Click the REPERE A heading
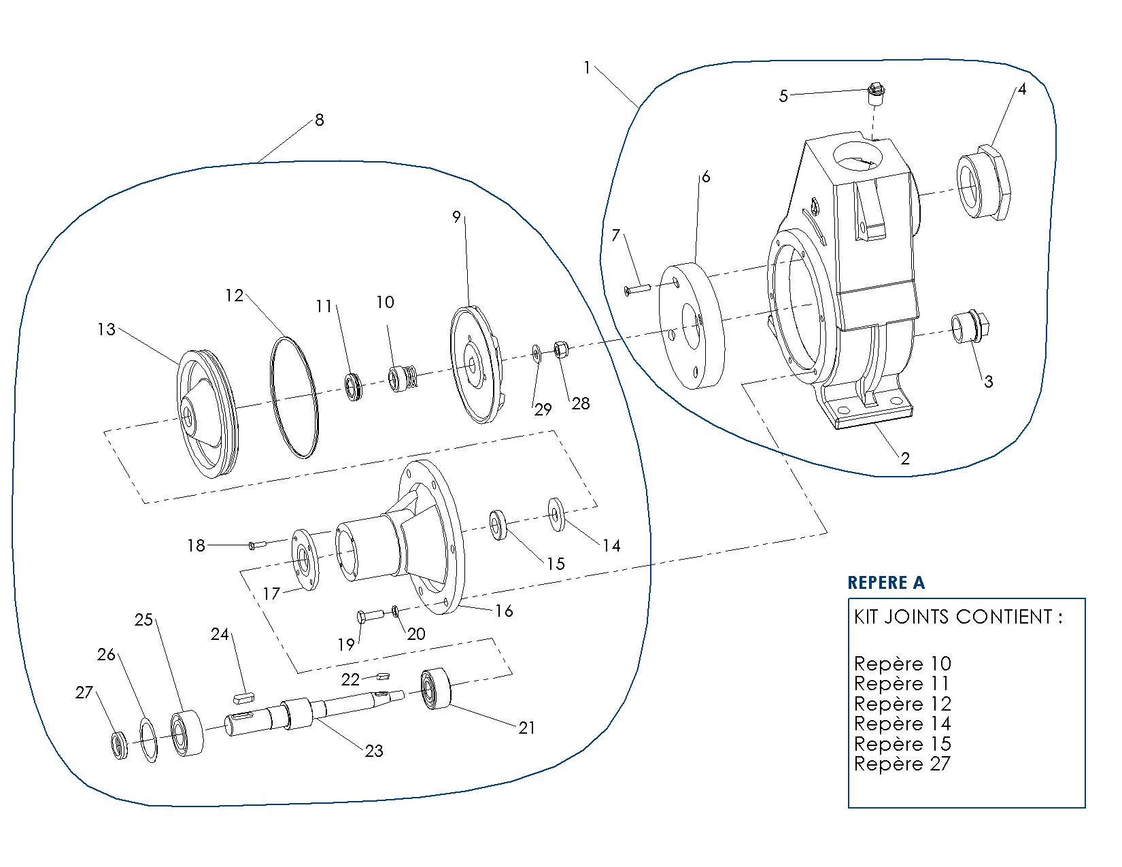pos(885,583)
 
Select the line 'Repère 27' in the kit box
pos(902,764)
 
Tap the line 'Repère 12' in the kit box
pos(902,704)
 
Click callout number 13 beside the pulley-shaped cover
pos(106,330)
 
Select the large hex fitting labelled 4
pos(983,182)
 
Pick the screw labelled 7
pos(637,289)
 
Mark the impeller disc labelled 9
pos(475,364)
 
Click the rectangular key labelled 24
pos(243,698)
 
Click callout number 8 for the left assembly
pos(319,120)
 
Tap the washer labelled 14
pos(556,514)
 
